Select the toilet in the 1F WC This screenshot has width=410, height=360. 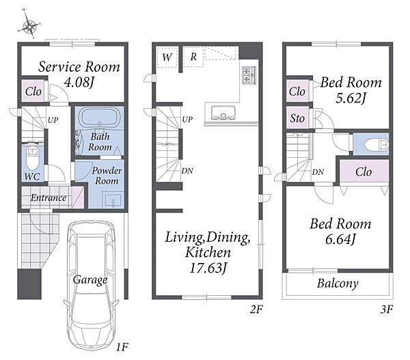[32, 159]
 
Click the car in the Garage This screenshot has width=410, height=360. [91, 286]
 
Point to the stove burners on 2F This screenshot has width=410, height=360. [249, 76]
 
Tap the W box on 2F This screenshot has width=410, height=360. [167, 57]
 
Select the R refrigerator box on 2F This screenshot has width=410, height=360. [193, 57]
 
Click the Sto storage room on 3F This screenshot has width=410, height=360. [297, 118]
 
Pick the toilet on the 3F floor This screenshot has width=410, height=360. [376, 144]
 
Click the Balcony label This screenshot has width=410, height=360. [338, 283]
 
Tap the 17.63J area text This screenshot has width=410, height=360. [208, 268]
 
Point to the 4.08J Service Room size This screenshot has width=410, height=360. [79, 82]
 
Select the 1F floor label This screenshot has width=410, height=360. [122, 347]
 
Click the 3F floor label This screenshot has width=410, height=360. [387, 309]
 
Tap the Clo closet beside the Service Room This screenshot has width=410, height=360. [33, 92]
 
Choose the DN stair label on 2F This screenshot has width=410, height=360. [187, 171]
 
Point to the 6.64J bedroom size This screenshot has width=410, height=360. [340, 239]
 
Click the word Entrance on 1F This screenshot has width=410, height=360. [49, 198]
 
